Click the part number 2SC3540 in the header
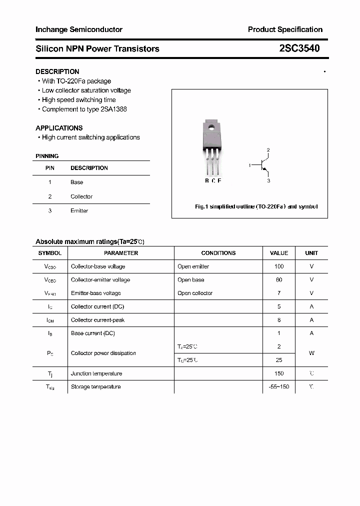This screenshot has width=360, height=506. (299, 48)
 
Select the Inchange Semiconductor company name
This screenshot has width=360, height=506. (79, 29)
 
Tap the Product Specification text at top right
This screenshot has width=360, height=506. (285, 29)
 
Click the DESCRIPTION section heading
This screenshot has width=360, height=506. (57, 71)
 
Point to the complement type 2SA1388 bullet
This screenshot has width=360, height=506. (84, 109)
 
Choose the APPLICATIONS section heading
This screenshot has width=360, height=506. (59, 128)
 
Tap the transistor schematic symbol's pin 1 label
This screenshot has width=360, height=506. (249, 165)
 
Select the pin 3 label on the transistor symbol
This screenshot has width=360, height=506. (268, 180)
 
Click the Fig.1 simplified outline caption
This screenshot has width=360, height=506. (256, 206)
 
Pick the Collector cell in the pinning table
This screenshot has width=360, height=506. (81, 196)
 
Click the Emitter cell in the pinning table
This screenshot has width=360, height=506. (79, 210)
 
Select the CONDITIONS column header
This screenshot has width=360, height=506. (218, 253)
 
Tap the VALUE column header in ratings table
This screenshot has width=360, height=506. (279, 253)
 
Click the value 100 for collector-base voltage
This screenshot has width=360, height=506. (279, 266)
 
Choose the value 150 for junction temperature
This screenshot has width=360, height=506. (279, 373)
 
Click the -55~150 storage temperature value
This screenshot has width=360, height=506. (279, 386)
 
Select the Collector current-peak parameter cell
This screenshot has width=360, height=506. (98, 320)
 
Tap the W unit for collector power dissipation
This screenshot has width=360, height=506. (311, 353)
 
